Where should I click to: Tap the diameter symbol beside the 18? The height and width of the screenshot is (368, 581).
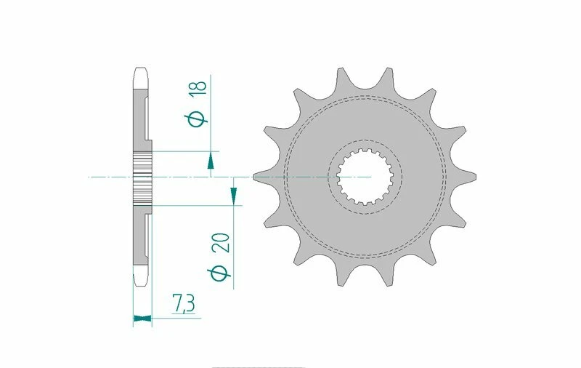click(x=198, y=118)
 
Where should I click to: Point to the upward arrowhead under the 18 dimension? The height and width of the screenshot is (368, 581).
click(x=211, y=164)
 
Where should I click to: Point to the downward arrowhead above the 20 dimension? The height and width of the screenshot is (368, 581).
click(x=234, y=193)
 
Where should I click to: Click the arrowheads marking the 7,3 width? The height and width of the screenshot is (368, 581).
click(x=142, y=317)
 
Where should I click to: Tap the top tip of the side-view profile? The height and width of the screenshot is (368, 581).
click(x=142, y=71)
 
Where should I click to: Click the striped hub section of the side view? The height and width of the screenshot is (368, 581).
click(x=142, y=177)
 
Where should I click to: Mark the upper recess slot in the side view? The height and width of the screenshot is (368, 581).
click(x=149, y=120)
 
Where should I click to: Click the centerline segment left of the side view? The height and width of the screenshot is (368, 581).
click(x=109, y=177)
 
